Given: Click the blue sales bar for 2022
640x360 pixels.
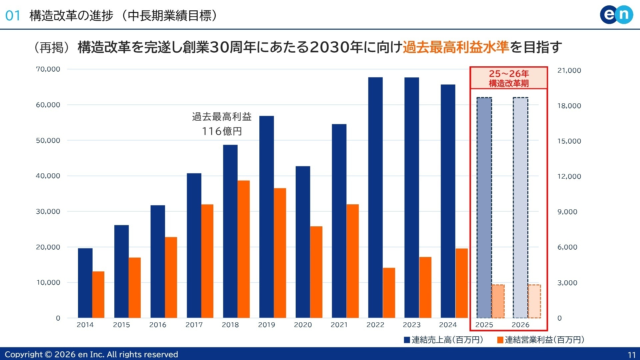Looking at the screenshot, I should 375,197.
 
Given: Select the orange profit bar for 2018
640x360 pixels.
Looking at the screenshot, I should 244,249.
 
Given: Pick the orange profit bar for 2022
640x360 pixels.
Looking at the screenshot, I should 389,293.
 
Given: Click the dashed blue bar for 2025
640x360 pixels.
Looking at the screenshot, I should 484,207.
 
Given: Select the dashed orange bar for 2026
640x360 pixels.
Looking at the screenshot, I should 534,301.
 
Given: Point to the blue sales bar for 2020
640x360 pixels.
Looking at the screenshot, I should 303,242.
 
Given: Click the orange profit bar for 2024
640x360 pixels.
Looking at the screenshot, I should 462,283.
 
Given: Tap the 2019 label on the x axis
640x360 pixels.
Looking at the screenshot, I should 266,325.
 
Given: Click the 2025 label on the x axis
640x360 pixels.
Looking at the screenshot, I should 484,325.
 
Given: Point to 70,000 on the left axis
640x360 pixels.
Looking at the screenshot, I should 48,69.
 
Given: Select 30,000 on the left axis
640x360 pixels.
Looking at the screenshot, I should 48,211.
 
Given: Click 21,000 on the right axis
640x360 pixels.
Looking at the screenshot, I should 569,70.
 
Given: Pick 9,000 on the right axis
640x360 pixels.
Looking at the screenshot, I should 567,212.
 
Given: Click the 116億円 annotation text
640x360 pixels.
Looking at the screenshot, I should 222,131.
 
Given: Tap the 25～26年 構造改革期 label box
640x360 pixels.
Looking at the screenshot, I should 509,78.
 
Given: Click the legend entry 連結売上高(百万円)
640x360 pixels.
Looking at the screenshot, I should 443,340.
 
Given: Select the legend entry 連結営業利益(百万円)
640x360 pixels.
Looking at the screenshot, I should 541,340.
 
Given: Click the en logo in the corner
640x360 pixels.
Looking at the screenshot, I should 616,15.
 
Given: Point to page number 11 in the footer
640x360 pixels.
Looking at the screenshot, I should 631,355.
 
